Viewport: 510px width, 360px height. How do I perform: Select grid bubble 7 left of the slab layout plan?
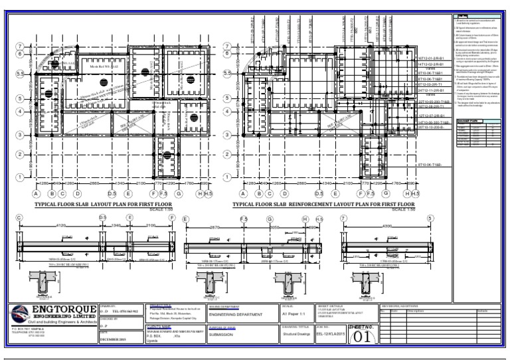click(21, 46)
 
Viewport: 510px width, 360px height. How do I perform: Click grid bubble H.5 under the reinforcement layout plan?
click(413, 194)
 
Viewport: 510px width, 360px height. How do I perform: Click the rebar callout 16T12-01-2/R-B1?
click(432, 58)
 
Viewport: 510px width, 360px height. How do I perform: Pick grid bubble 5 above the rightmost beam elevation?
click(430, 218)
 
